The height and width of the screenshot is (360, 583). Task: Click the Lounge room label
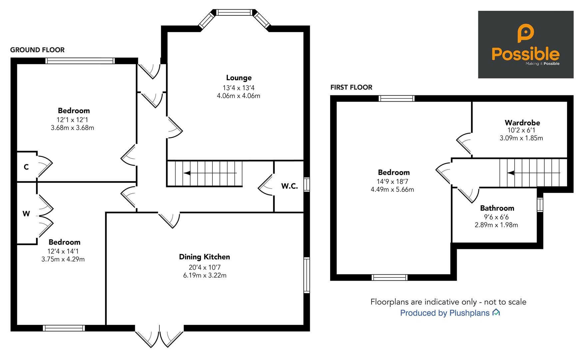coord(239,78)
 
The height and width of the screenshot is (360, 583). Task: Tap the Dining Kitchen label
coord(204,257)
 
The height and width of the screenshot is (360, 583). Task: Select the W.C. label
coord(289,186)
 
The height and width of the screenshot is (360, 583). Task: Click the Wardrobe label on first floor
coord(522,122)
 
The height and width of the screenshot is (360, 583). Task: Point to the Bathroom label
coord(497,208)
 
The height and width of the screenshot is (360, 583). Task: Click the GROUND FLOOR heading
coord(37,50)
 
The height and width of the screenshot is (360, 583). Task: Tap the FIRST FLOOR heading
coord(351,87)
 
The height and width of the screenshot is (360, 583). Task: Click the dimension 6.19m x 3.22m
coord(205,275)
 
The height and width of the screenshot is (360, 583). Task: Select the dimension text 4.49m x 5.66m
coord(392,189)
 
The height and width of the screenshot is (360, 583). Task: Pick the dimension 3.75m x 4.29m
coord(63,259)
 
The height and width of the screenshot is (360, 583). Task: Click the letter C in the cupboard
coord(26,167)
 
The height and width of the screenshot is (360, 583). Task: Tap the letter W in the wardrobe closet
coord(26,214)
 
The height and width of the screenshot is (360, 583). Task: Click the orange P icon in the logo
coord(525,33)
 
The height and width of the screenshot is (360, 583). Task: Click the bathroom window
coord(540,205)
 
